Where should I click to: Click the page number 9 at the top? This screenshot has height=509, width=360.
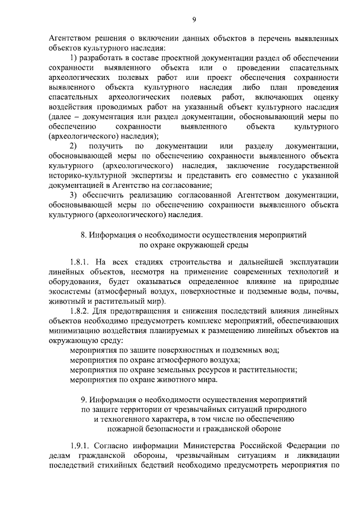click(193, 20)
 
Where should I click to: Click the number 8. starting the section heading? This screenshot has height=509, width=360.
click(83, 233)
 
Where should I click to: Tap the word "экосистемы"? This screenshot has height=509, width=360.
click(70, 292)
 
